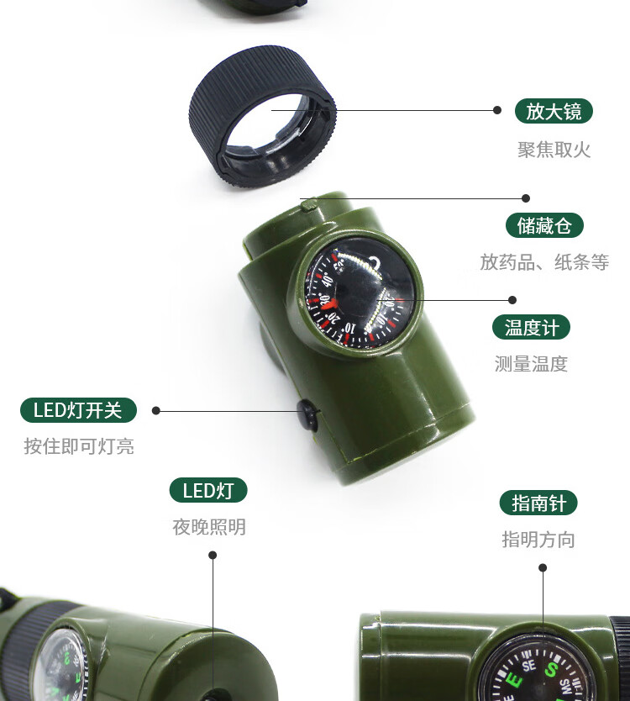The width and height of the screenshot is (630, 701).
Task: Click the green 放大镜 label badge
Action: (x=554, y=111)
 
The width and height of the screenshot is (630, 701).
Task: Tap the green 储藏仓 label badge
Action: (x=544, y=225)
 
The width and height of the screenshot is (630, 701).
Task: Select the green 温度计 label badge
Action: (x=531, y=327)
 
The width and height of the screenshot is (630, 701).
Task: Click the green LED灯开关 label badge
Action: (x=78, y=410)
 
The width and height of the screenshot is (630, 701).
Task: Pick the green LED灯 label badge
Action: (x=208, y=490)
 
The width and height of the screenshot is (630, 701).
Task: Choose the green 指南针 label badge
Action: (x=538, y=503)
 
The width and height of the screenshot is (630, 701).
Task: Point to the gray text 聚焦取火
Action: (x=554, y=150)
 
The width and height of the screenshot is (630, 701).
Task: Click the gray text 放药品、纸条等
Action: (x=544, y=262)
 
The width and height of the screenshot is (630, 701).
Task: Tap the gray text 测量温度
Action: (x=531, y=364)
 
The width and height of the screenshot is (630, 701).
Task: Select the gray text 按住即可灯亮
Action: (x=79, y=446)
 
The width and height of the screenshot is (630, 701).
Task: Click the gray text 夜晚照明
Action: (x=209, y=527)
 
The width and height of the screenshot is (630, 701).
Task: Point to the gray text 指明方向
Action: (x=538, y=539)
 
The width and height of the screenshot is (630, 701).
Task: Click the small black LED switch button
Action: (x=307, y=414)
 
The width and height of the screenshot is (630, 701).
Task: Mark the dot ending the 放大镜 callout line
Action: (x=497, y=110)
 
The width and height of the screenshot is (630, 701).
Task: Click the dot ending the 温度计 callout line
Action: (x=512, y=300)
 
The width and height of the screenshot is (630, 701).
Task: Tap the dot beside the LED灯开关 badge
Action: (x=156, y=410)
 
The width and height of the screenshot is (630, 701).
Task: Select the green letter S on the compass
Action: (x=551, y=670)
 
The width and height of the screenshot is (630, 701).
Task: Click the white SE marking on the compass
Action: (x=529, y=666)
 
